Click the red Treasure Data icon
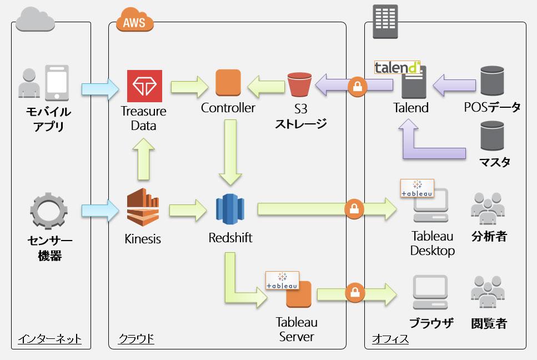(x=144, y=86)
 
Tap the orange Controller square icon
(x=228, y=83)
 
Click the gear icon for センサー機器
(x=49, y=212)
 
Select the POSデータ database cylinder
(x=492, y=81)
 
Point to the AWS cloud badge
(x=134, y=23)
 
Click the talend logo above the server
(x=397, y=68)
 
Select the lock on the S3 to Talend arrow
(x=355, y=86)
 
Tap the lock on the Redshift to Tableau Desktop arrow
(x=354, y=209)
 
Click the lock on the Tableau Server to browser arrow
(x=354, y=293)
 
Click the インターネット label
(x=49, y=338)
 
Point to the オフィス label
(x=390, y=338)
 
